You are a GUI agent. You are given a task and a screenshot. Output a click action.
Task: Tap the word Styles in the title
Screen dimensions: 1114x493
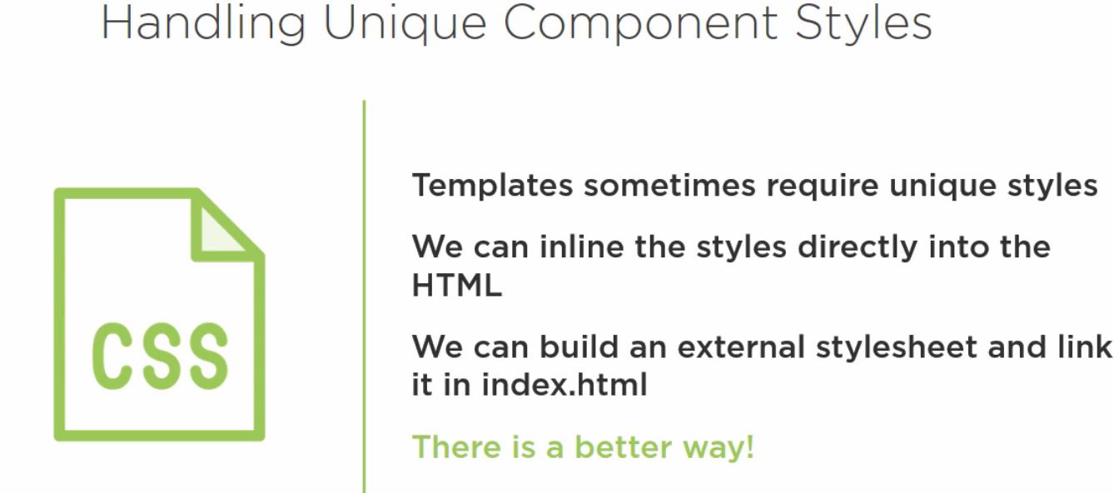863,23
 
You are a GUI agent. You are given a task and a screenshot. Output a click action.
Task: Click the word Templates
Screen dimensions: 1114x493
492,187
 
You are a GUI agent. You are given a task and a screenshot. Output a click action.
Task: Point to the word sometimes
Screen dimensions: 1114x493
669,186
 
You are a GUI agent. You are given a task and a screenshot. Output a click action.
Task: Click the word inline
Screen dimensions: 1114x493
582,246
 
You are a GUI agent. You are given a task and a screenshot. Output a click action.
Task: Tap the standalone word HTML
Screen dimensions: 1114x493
457,286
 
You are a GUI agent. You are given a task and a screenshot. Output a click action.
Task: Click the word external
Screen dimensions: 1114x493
741,346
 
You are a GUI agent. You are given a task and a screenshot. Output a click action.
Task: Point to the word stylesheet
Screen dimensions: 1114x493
896,347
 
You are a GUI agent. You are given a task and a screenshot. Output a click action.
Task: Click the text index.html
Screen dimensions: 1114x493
564,385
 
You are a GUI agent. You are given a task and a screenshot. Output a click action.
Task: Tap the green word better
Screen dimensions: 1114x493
624,446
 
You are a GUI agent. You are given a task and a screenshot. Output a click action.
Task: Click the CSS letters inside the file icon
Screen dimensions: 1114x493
160,356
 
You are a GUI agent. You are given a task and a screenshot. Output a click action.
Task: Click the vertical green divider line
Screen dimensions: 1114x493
365,296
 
